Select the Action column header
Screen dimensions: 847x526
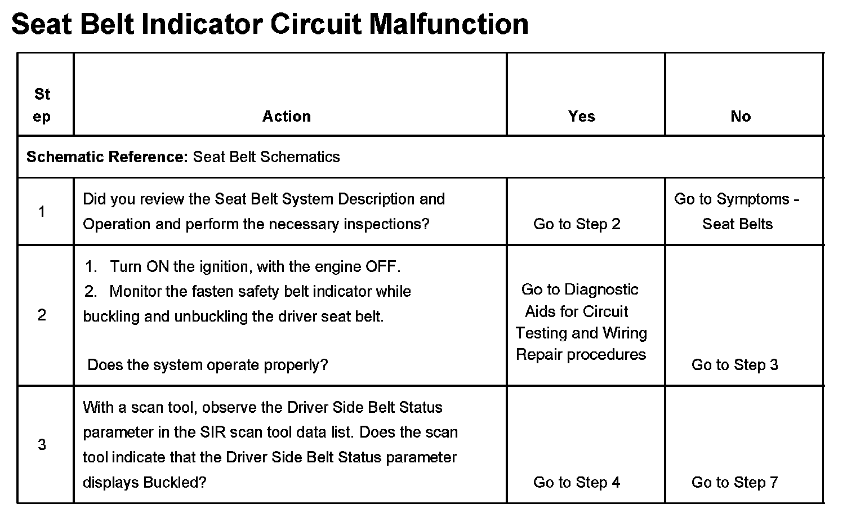(x=286, y=117)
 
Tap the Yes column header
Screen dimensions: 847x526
(x=581, y=117)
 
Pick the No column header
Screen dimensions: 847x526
(x=741, y=117)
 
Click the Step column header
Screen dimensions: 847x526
(x=42, y=105)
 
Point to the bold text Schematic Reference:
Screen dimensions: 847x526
(x=107, y=157)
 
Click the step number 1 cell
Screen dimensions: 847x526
(x=42, y=212)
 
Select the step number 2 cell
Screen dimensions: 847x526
(x=42, y=315)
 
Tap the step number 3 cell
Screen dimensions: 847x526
(x=42, y=445)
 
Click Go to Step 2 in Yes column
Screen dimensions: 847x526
(x=577, y=224)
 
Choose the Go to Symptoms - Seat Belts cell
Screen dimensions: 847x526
(x=737, y=212)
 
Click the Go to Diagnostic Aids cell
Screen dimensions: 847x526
(x=581, y=322)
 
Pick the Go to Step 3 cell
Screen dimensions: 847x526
(x=734, y=365)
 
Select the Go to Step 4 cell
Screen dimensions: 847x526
(x=577, y=483)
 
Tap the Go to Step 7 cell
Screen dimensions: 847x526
(x=734, y=483)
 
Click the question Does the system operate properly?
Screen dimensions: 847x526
(x=208, y=365)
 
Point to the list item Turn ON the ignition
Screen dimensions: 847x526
(x=255, y=266)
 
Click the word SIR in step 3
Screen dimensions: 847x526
(x=213, y=433)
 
